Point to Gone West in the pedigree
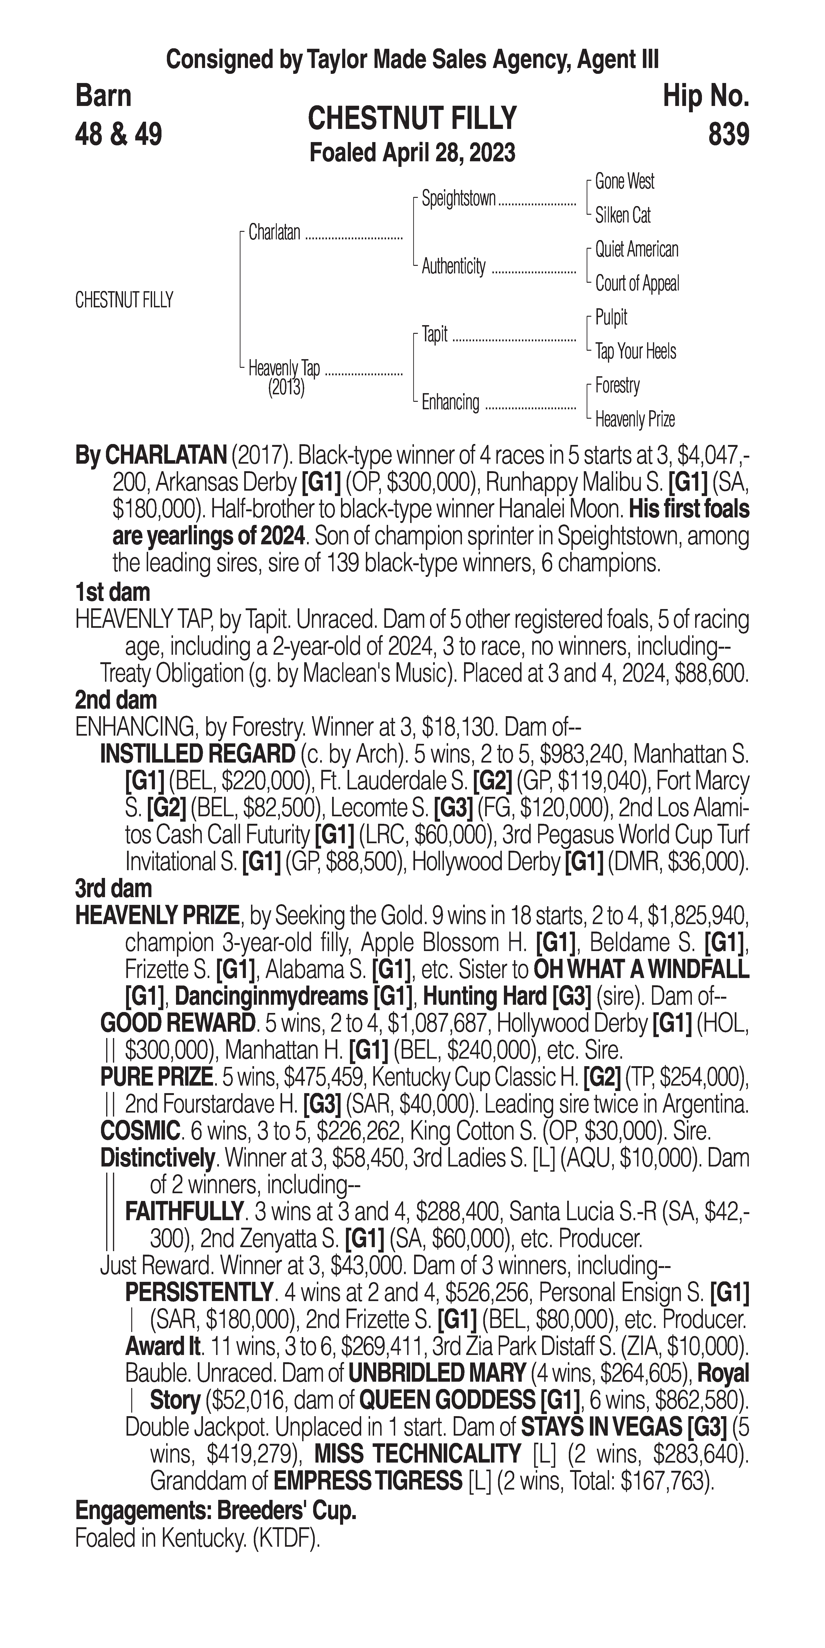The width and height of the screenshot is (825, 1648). point(624,182)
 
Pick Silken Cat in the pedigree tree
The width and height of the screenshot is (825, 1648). point(622,216)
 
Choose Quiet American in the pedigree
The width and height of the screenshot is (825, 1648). point(636,249)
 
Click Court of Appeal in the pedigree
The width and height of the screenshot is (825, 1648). point(637,283)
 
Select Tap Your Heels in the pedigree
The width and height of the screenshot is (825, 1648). point(635,351)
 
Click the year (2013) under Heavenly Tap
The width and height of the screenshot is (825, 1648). point(286,388)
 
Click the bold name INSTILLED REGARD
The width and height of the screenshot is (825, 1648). point(197,754)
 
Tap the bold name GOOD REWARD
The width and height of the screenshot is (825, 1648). point(177,1023)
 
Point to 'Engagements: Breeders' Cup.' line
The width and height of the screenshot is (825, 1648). point(216,1511)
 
